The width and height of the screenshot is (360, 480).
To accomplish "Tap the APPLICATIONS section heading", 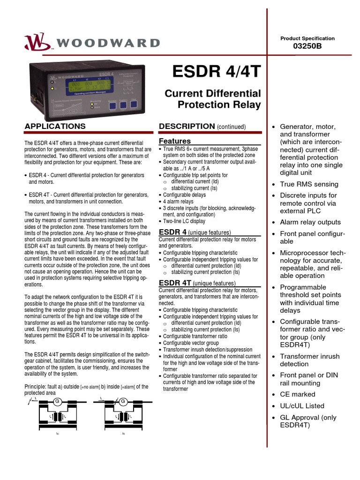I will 55,126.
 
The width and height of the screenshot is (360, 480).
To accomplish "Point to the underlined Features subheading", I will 175,141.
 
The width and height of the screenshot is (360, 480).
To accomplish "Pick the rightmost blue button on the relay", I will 134,104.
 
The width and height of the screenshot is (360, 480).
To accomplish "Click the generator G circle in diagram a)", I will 58,402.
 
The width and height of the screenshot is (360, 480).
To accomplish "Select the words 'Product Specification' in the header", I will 307,38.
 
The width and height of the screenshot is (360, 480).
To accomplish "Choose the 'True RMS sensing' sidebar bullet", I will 309,184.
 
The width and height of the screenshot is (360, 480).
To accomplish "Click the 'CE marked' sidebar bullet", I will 298,394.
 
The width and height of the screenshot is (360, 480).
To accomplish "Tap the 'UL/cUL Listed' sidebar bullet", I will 302,406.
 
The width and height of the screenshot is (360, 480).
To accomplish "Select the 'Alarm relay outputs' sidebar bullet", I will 310,222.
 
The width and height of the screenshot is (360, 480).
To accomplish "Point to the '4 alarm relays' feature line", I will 178,202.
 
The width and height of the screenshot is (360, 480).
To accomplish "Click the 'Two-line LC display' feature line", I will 184,221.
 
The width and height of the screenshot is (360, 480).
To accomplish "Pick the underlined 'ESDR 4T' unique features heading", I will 175,283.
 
